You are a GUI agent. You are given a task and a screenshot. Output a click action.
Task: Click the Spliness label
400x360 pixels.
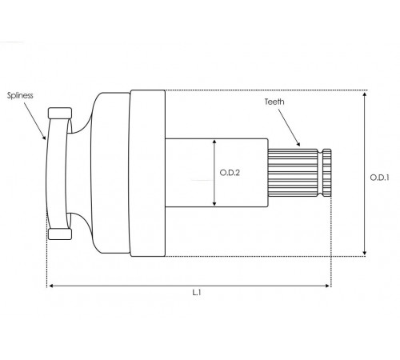point(20,95)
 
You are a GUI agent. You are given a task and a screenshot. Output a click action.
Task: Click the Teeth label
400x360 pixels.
point(274,102)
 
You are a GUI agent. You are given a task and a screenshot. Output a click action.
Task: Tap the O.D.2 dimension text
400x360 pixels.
point(230,173)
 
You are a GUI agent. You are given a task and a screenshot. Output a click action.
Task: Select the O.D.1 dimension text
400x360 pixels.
point(380,178)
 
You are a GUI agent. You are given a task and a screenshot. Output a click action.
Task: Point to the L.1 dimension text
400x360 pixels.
point(197,293)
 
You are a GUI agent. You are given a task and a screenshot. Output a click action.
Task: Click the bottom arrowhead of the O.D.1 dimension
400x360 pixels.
point(365,253)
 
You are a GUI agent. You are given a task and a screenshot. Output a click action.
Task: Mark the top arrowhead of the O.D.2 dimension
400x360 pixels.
point(214,142)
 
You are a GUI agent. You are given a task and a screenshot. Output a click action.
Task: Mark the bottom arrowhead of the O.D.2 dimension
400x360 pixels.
point(214,203)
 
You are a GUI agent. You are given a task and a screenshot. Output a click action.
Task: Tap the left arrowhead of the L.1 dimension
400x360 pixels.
point(51,286)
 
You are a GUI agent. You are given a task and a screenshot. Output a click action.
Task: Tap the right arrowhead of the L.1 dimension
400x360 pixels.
point(328,286)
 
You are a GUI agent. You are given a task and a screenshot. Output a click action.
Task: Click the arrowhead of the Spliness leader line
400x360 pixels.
point(44,137)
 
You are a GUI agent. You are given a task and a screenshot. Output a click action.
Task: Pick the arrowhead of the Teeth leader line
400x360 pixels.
point(298,144)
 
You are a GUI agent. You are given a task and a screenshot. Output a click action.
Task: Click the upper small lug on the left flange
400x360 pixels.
point(60,113)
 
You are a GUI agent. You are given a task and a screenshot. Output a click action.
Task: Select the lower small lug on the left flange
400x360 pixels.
point(60,234)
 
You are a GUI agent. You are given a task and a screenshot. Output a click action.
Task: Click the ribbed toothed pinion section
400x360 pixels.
point(293,173)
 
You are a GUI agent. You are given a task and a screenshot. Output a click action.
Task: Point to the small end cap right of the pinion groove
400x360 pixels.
point(327,173)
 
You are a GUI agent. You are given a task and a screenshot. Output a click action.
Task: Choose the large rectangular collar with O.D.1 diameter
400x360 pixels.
point(147,174)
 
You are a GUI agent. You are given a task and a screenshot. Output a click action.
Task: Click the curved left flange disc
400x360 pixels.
point(56,174)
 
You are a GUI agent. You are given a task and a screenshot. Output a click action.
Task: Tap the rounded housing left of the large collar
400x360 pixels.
point(110,173)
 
